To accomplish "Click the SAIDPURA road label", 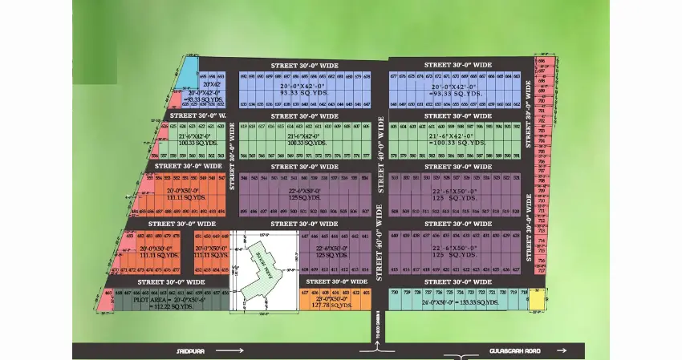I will (189, 350).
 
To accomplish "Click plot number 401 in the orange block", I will (367, 293).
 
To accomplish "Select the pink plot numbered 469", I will (109, 294).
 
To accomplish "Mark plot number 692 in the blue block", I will (243, 76).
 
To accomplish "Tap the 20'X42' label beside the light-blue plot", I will (211, 83).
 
